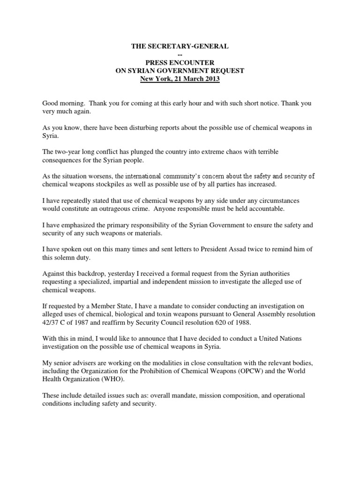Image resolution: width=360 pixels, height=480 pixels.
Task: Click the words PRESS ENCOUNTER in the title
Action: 180,63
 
